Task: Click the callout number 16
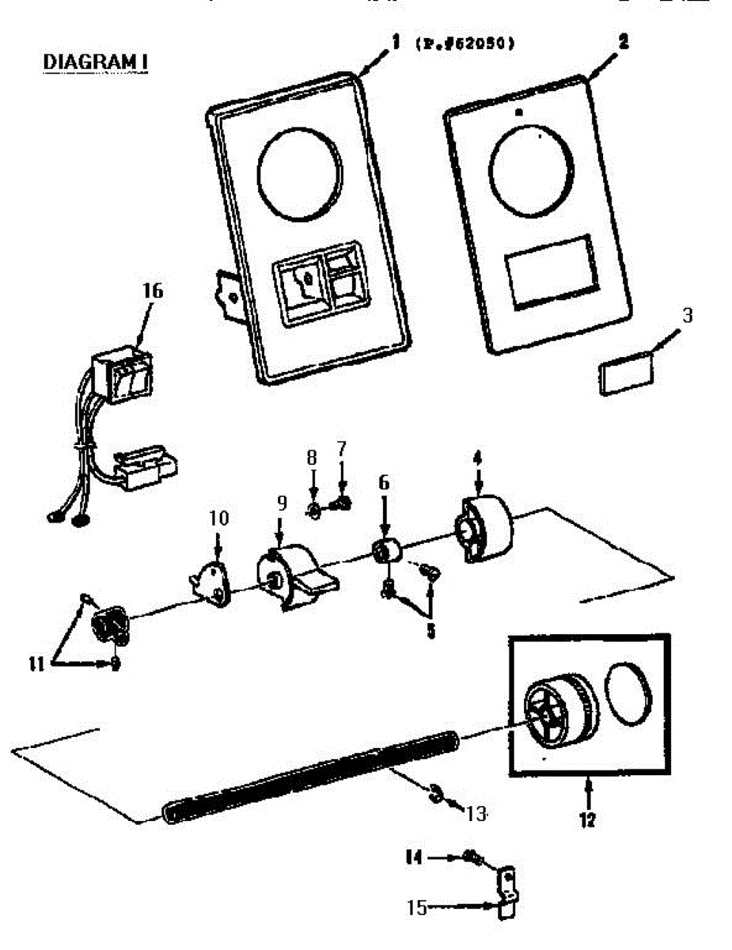tap(152, 291)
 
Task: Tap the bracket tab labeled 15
tap(506, 891)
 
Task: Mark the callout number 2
tap(623, 44)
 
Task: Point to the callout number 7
tap(341, 448)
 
